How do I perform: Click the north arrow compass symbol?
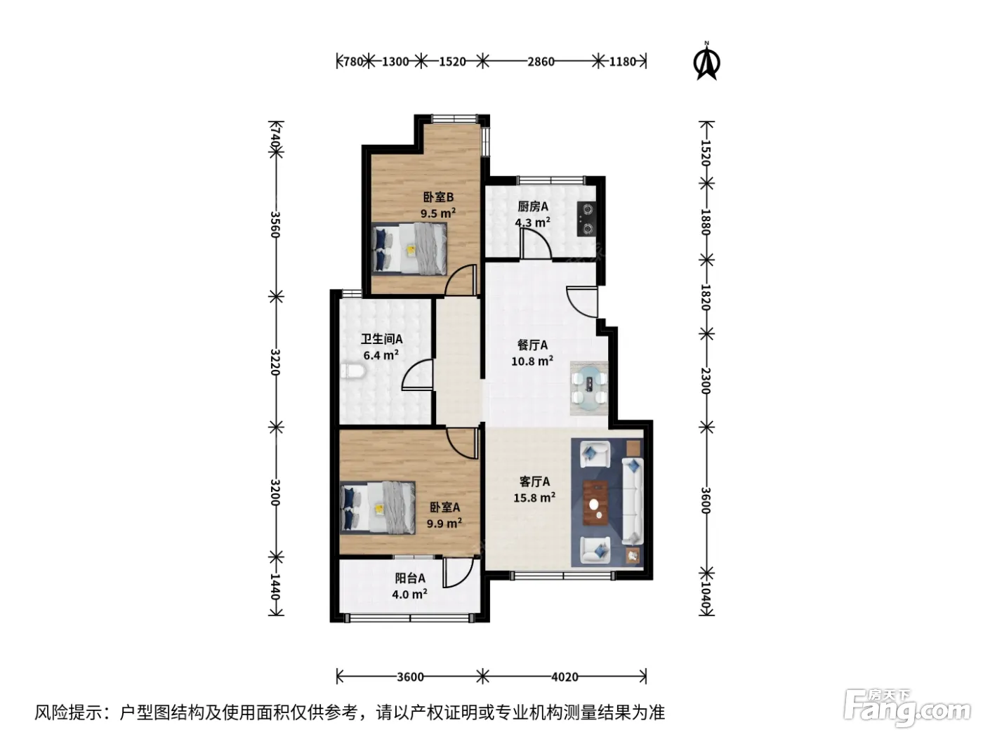coord(706,61)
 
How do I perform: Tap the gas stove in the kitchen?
coord(586,219)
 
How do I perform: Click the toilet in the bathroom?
coord(353,371)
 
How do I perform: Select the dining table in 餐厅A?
coord(589,387)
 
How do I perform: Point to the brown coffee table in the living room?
coord(595,502)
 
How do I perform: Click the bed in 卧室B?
coord(409,248)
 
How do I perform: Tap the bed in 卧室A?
coord(377,507)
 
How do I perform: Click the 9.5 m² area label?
coord(438,213)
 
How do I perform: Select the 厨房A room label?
coord(532,206)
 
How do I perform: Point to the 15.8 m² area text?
coord(534,497)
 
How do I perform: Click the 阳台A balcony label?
coord(410,578)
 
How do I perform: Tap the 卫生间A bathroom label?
coord(381,339)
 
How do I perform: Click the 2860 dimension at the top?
coord(541,61)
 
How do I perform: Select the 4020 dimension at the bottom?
coord(565,677)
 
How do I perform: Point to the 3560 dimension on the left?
coord(275,225)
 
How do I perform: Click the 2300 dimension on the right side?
coord(706,380)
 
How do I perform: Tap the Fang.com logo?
coord(907,708)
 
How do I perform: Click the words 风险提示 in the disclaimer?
coord(69,712)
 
